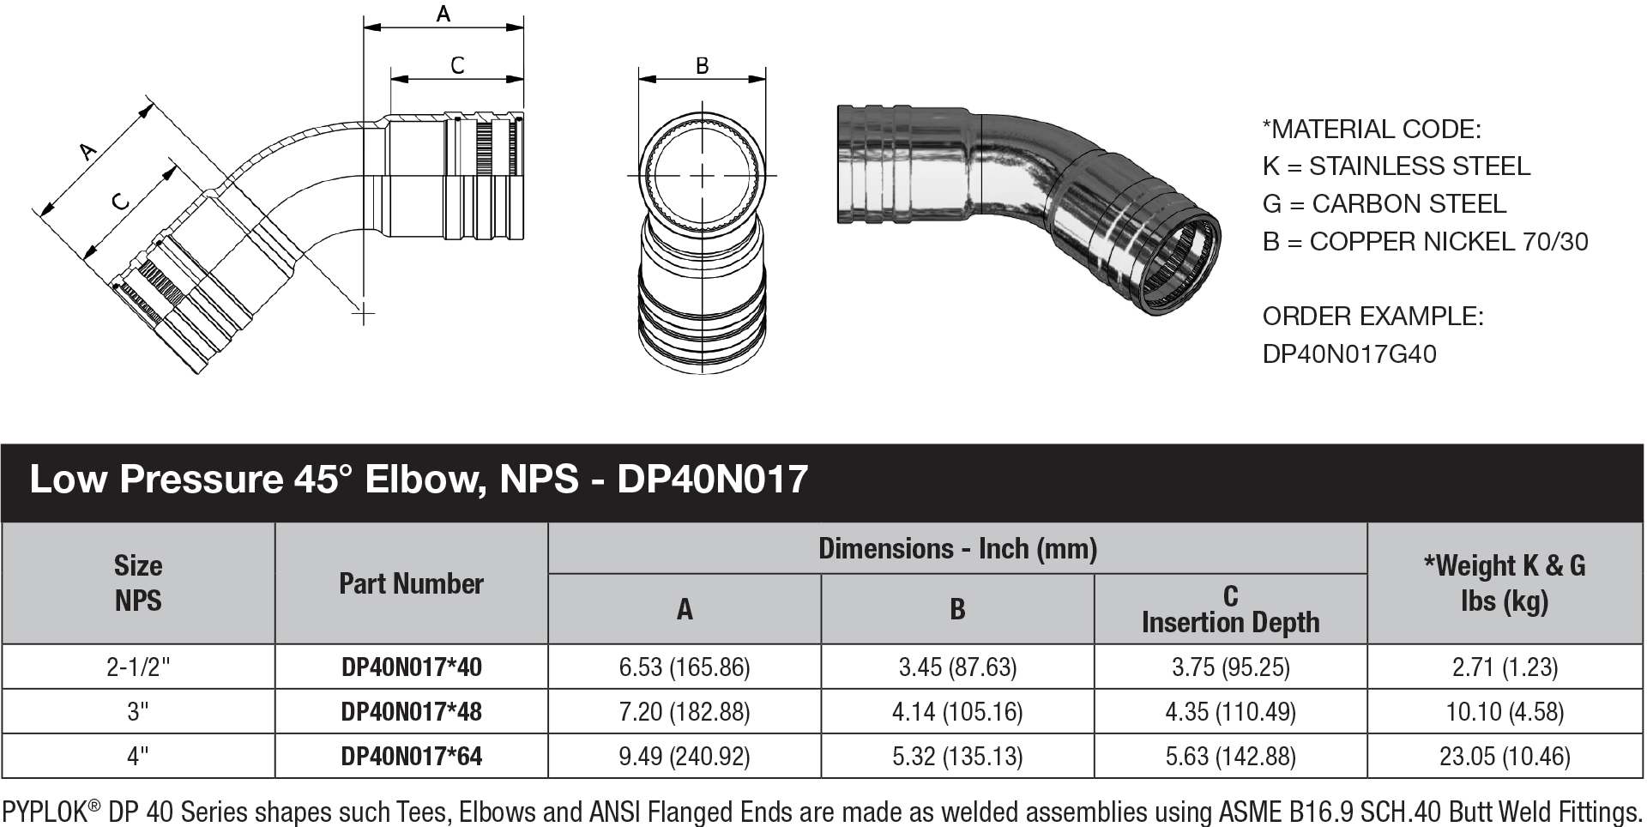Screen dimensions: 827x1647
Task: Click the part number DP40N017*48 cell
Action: (411, 711)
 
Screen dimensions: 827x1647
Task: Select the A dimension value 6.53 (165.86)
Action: (684, 667)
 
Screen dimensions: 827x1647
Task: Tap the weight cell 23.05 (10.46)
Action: (1505, 756)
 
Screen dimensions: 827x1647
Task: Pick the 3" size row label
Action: (137, 711)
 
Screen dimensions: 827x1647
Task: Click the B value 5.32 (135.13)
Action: (957, 756)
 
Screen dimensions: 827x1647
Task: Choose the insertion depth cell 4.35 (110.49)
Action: (1230, 711)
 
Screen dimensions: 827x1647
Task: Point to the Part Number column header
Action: (411, 583)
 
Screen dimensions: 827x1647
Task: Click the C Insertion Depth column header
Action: (1230, 609)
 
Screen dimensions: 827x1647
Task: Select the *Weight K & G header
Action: (1505, 583)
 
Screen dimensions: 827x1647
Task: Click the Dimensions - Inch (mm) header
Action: (957, 548)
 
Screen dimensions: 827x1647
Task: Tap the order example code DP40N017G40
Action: (1348, 353)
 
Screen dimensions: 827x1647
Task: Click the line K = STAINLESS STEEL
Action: (1396, 166)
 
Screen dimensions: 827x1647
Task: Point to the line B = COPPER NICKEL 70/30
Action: (1425, 241)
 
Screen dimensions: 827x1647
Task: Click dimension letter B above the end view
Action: (702, 65)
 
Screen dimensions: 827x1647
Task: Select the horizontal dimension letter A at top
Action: (443, 14)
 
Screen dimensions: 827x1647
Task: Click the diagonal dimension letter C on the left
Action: (121, 201)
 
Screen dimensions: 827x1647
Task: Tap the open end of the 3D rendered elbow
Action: (1184, 265)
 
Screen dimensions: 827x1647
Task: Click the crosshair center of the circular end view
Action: (703, 176)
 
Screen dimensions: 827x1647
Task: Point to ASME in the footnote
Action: (1248, 812)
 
